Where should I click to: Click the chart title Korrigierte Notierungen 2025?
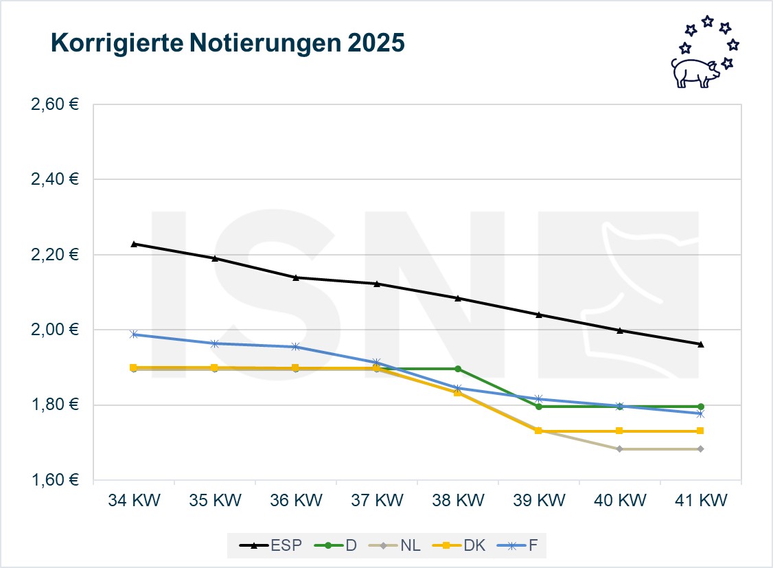[x=228, y=43]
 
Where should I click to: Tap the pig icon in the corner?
[x=694, y=71]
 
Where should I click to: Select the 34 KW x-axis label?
[x=133, y=501]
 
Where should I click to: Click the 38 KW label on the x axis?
[x=457, y=501]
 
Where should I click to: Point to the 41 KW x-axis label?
[x=700, y=501]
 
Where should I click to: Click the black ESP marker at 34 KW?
[x=134, y=244]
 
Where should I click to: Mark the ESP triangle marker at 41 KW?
[x=700, y=344]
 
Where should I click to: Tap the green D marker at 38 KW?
[x=458, y=369]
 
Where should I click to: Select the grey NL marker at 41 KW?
[x=700, y=449]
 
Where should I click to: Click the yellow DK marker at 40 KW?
[x=620, y=431]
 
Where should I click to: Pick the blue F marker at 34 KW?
[x=134, y=334]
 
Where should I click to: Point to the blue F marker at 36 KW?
[x=296, y=347]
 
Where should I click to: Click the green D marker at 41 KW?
[x=700, y=407]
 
